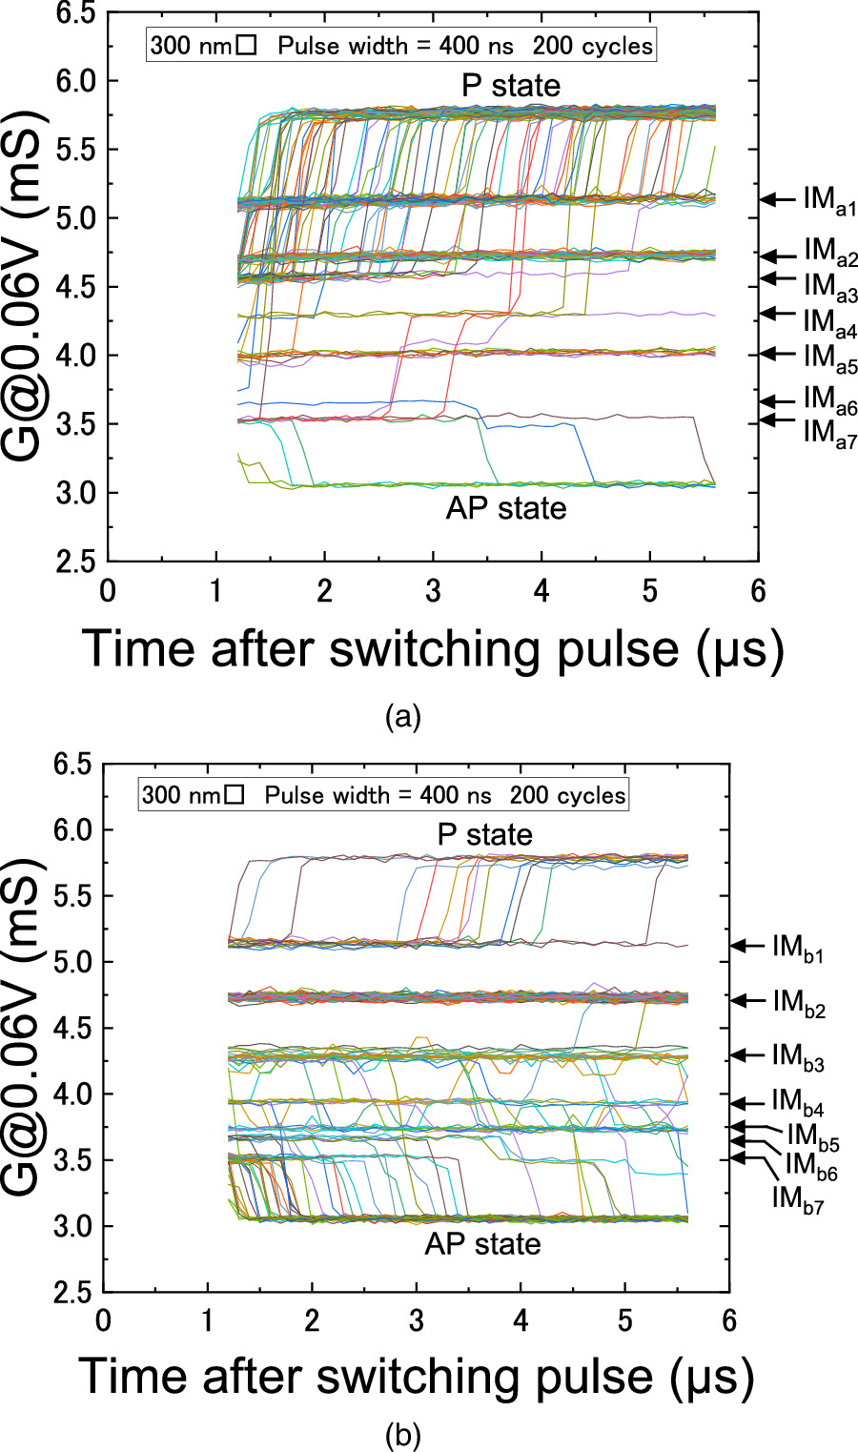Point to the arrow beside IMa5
coord(778,354)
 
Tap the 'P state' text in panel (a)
coord(511,86)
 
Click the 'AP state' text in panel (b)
coord(482,1244)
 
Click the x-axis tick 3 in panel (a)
coord(433,591)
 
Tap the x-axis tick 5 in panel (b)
coord(624,1322)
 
